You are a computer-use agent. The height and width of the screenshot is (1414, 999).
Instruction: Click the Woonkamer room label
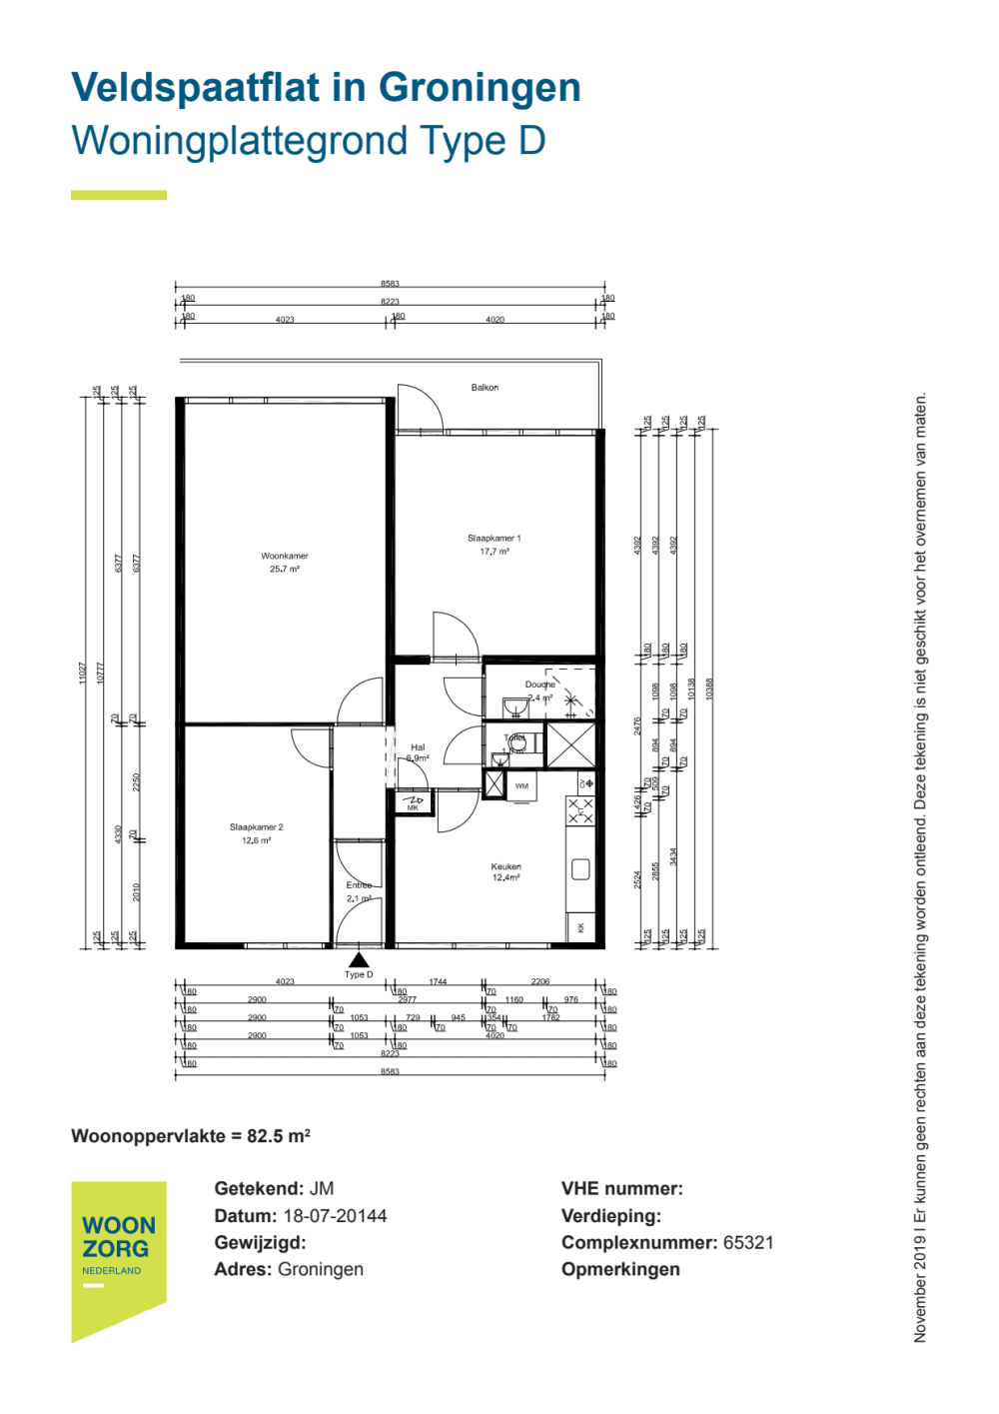tap(285, 556)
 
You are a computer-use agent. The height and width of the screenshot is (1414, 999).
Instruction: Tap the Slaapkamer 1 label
tap(494, 538)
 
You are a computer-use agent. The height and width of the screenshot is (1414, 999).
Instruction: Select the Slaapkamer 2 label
tap(257, 827)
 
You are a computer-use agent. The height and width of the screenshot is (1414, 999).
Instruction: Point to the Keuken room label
tap(505, 866)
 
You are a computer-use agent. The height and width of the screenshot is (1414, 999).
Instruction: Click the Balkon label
tap(485, 387)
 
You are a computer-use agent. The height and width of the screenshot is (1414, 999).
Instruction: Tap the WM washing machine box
tap(521, 785)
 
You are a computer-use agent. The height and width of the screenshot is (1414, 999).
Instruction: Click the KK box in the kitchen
tap(580, 927)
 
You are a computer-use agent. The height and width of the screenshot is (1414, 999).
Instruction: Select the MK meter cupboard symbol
tap(414, 801)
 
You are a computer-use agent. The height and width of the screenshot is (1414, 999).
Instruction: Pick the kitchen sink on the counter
tap(580, 869)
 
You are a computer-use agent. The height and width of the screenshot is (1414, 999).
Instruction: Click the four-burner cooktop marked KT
tap(580, 810)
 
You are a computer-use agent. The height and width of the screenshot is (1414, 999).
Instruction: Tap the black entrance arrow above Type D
tap(359, 960)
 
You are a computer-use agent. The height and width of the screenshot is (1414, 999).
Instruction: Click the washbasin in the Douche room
tap(514, 707)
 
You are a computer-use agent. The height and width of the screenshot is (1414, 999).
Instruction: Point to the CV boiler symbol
tap(586, 782)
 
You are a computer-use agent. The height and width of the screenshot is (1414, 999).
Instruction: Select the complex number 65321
tap(748, 1242)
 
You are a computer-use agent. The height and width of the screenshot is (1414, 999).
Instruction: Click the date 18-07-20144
tap(335, 1215)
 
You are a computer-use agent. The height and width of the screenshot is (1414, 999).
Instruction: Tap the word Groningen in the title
tap(480, 88)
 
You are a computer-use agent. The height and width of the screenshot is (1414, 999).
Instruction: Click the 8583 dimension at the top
tap(390, 284)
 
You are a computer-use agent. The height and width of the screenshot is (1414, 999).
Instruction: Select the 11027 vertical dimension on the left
tap(83, 673)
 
